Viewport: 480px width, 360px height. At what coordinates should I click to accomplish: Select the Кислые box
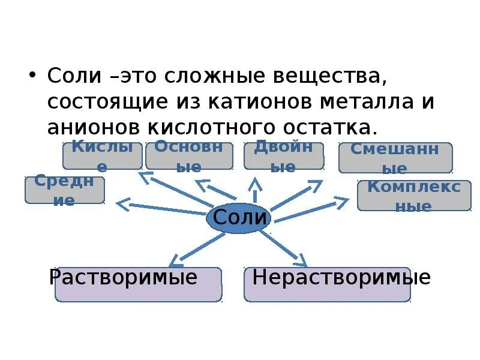point(103,156)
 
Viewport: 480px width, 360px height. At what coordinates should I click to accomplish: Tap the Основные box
point(189,156)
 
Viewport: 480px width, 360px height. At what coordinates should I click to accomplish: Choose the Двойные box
point(283,156)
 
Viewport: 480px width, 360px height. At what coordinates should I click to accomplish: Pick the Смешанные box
point(395,158)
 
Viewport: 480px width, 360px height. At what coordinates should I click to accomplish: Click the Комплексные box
point(414,196)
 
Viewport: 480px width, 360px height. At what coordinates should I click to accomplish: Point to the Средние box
point(65,190)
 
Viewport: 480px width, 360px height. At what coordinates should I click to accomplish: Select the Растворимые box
point(138,284)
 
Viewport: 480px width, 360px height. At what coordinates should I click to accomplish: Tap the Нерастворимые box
point(327,284)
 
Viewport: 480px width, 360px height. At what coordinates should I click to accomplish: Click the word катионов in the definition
point(256,101)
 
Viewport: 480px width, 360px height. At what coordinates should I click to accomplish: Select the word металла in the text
point(364,101)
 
